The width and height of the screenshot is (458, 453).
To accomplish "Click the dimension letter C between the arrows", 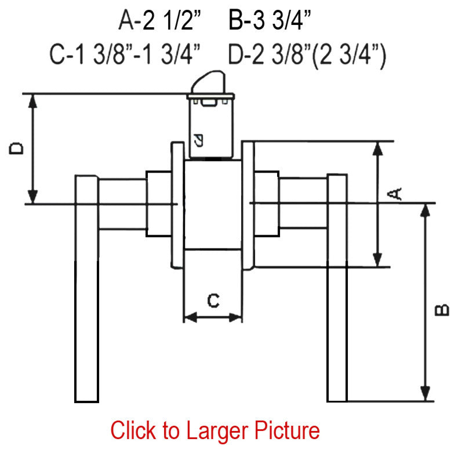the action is [213, 301].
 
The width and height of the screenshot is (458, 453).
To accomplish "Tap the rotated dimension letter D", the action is [16, 148].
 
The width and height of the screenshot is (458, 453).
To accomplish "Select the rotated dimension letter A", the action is [394, 194].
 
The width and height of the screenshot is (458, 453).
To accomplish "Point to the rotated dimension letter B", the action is [442, 310].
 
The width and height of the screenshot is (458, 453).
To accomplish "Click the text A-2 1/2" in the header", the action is [160, 20].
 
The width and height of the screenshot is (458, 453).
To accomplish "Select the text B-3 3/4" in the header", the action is [270, 20].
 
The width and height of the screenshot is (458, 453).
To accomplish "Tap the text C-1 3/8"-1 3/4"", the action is [125, 54].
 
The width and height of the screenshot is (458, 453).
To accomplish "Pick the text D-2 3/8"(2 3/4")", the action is [307, 56].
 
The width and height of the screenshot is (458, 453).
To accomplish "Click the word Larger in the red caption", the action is [217, 431].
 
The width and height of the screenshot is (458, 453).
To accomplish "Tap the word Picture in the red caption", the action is [287, 430].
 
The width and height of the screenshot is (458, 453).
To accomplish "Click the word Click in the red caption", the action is [133, 430].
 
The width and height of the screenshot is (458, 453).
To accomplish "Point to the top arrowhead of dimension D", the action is [32, 101].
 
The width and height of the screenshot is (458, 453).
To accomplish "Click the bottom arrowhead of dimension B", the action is [425, 394].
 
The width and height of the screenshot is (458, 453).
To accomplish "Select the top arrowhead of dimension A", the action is [377, 148].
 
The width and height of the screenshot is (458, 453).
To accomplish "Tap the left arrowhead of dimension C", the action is [190, 317].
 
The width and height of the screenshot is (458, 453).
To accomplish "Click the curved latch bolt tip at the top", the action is [209, 82].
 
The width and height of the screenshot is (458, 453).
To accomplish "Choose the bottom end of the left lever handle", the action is [86, 401].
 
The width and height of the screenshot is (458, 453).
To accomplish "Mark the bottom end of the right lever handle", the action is [337, 401].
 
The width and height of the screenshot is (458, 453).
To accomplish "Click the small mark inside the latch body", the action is [199, 140].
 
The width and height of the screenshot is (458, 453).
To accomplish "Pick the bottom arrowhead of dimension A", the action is [377, 260].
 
